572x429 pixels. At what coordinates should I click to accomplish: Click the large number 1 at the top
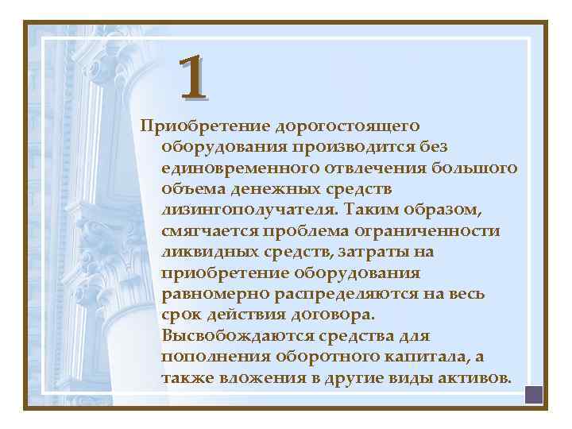tap(193, 78)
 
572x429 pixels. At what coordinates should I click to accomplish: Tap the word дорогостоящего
tap(347, 126)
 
